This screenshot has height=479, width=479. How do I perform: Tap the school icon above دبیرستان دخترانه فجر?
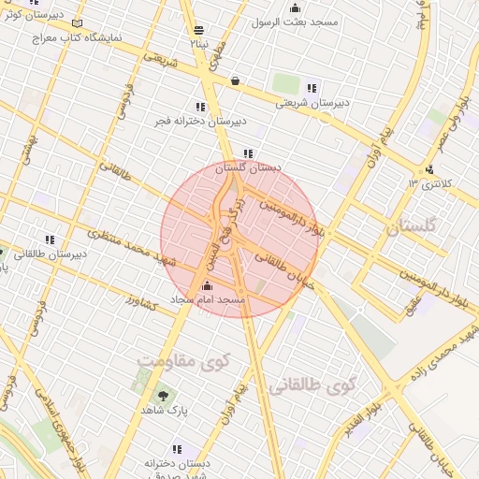(200, 107)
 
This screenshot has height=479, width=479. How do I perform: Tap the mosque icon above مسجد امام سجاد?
(207, 286)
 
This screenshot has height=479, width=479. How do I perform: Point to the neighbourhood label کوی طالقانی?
(313, 385)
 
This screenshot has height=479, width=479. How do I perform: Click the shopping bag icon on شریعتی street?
(234, 80)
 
